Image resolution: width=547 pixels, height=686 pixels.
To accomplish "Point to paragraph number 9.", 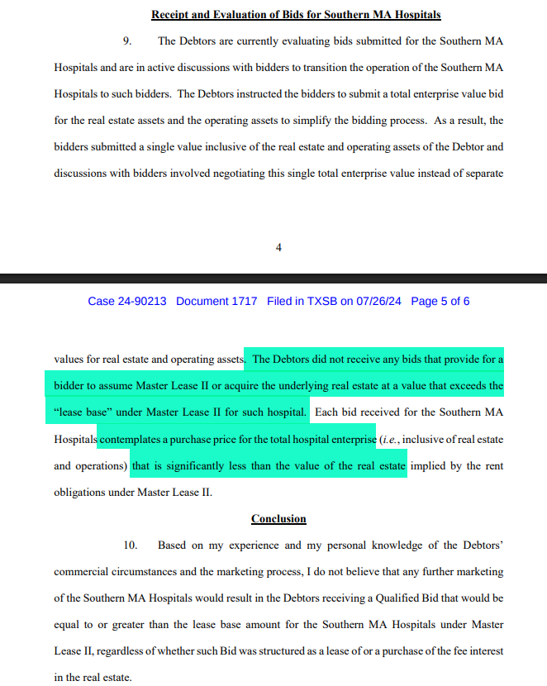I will [127, 40].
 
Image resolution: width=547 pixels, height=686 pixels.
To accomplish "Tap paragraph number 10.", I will [130, 545].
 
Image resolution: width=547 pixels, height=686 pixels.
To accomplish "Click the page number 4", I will [278, 247].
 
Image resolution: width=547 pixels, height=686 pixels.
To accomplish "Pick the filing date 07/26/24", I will [373, 301].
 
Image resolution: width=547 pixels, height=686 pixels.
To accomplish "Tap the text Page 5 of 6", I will [440, 301].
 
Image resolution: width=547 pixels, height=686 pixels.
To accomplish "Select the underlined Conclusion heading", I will [278, 519].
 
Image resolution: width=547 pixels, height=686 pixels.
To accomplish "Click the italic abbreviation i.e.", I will [393, 439].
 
